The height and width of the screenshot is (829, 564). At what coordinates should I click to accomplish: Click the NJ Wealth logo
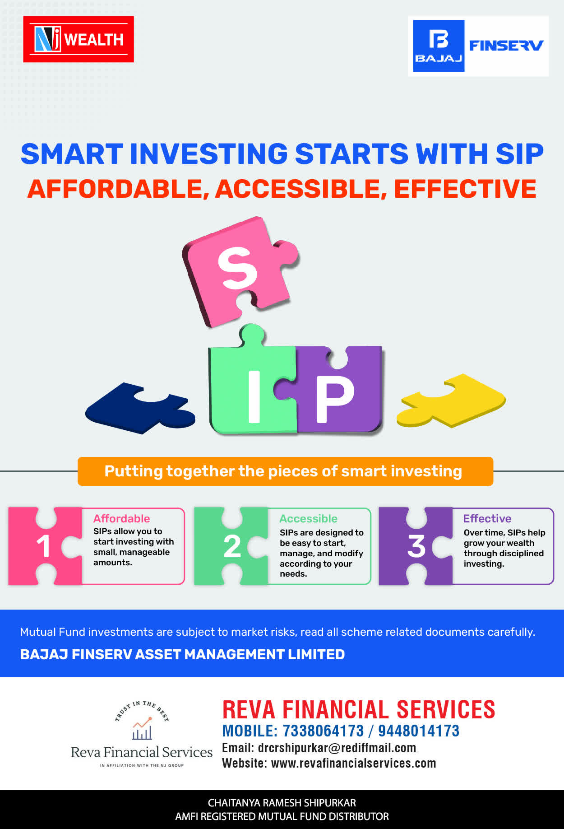79,39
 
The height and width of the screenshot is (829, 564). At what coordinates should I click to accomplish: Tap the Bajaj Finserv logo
478,46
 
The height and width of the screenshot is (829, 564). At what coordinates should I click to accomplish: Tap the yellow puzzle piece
451,400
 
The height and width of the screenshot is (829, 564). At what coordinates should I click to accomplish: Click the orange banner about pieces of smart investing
285,471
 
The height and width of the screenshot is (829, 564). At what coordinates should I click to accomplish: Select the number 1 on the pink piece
43,546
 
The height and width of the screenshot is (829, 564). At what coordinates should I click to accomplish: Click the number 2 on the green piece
232,546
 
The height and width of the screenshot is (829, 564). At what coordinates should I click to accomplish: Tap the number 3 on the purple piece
416,546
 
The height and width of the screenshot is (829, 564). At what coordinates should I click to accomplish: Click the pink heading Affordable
121,518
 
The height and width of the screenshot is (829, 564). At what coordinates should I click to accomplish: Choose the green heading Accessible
308,518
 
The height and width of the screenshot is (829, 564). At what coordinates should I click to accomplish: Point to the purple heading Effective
487,518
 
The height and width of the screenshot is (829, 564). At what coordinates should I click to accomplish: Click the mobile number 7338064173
323,731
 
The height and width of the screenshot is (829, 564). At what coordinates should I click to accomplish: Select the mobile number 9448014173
419,731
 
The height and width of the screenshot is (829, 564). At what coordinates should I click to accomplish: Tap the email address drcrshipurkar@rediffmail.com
337,748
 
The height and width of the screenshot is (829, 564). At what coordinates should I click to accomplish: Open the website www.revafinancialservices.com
354,763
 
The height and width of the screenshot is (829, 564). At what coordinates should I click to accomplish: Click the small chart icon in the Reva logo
142,728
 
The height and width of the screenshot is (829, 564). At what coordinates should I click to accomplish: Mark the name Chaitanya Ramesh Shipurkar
282,803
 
